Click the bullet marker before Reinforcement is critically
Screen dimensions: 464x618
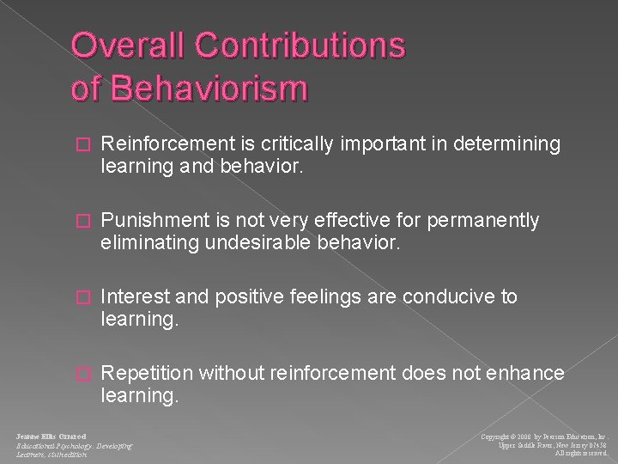(82, 147)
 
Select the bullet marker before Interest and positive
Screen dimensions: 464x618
(82, 297)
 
